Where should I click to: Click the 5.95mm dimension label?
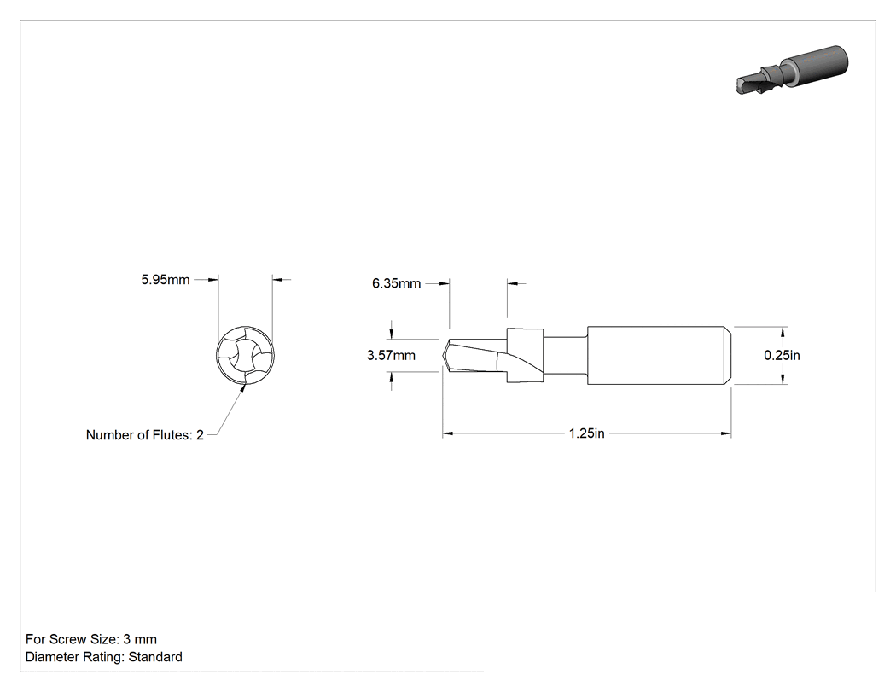[x=166, y=280]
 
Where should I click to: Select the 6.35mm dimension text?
[x=396, y=283]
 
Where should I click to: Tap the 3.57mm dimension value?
[x=391, y=356]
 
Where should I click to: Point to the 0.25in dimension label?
[x=782, y=356]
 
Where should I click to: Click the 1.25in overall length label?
[x=586, y=433]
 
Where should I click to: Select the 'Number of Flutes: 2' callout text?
[x=144, y=435]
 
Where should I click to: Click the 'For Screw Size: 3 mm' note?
[x=90, y=639]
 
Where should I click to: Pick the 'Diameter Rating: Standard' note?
[x=103, y=657]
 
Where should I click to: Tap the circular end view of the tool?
[x=245, y=354]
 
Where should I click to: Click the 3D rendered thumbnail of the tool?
[x=791, y=69]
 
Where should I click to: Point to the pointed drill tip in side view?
[x=445, y=355]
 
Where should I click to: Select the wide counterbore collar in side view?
[x=525, y=355]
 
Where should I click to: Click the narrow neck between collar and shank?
[x=566, y=355]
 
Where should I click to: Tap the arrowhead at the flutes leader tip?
[x=242, y=388]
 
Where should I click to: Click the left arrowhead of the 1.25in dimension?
[x=447, y=433]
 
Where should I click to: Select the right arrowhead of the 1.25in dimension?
[x=726, y=433]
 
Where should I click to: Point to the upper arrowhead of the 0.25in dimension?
[x=783, y=332]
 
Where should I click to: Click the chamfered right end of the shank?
[x=729, y=355]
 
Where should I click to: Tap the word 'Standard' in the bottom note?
[x=154, y=657]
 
